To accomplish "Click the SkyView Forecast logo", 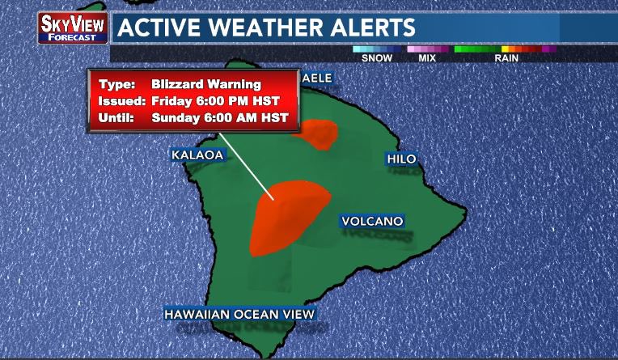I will (73, 27).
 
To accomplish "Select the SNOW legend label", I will (377, 58).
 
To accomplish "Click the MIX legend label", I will (427, 58).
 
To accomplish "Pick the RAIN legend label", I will (506, 58).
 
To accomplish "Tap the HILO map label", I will (401, 159).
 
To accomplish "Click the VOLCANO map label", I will (371, 221).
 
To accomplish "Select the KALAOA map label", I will (197, 154).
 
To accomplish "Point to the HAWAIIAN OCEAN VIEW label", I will (239, 314).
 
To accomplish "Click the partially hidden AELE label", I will (316, 78).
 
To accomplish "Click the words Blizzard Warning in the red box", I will (205, 84).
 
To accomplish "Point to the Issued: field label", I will (121, 100).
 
